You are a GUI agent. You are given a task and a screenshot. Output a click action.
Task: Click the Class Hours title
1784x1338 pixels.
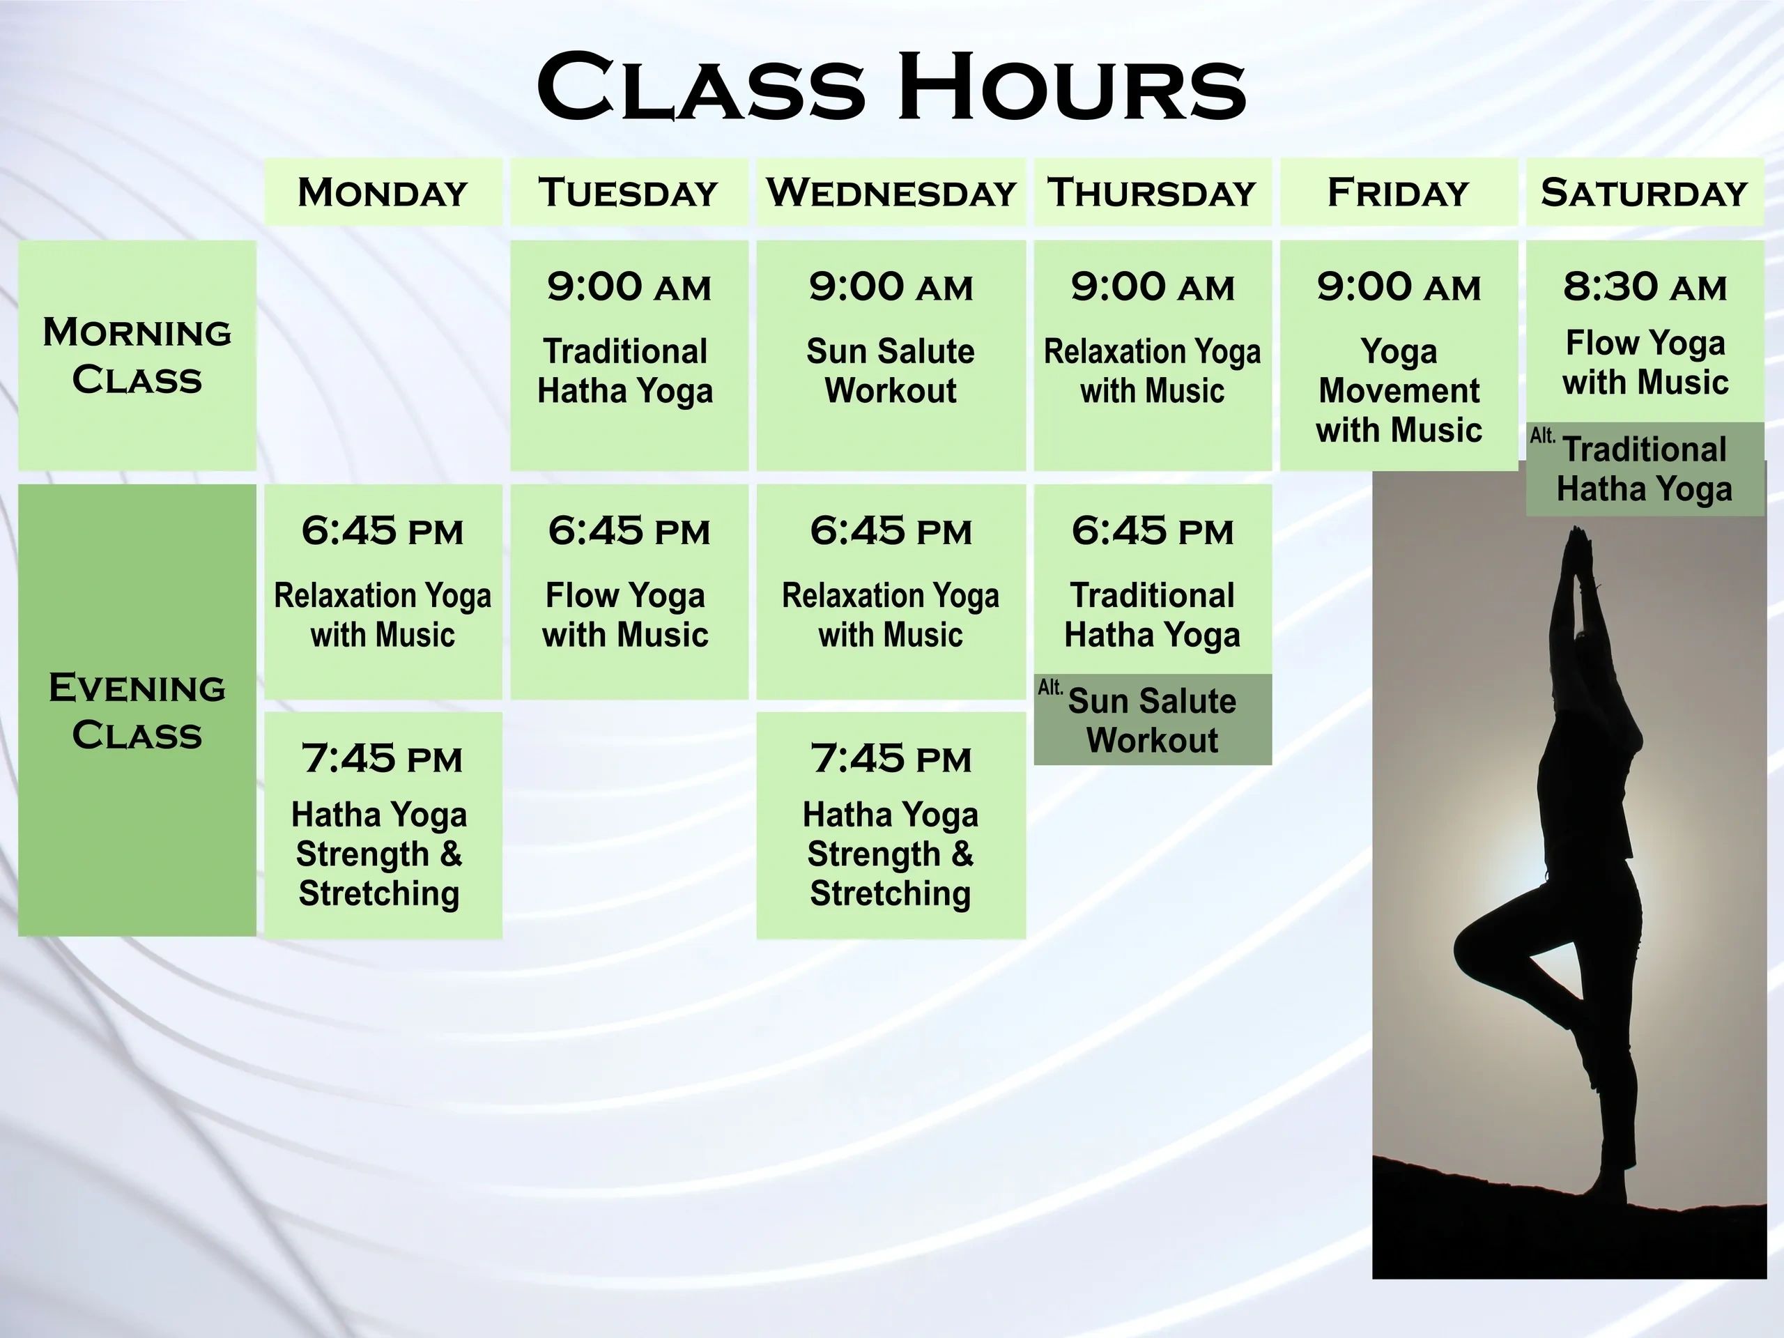pos(891,86)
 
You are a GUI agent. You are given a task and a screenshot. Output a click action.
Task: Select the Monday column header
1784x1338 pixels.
pos(383,192)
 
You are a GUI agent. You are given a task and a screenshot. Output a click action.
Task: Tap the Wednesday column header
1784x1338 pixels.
pos(891,192)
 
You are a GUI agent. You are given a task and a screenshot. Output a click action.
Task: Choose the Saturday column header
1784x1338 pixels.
pos(1645,192)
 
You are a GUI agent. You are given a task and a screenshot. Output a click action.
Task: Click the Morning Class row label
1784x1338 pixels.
pos(137,355)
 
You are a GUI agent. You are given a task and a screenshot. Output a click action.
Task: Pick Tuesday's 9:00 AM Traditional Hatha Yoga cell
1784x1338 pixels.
pos(629,355)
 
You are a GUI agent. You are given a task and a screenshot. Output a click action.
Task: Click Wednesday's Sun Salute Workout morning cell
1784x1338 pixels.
pos(891,355)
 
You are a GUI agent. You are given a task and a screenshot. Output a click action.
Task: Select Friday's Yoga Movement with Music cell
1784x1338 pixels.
pos(1399,355)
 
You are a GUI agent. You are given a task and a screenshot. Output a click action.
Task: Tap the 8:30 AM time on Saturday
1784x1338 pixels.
pos(1645,287)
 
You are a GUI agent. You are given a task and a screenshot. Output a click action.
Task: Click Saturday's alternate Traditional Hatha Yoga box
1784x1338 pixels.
pos(1645,468)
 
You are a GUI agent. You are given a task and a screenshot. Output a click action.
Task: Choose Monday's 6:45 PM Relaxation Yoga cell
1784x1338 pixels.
pos(383,591)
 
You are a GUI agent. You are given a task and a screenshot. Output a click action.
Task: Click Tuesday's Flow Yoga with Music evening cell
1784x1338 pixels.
pos(629,591)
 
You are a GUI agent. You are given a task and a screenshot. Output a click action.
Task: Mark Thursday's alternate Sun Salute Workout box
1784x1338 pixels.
pos(1153,719)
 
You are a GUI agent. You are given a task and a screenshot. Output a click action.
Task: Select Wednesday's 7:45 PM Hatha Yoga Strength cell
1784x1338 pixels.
pos(891,825)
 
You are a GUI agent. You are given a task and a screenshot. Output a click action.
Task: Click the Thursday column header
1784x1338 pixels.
pos(1153,192)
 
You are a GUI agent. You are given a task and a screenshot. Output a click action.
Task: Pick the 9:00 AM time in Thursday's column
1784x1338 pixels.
pos(1153,287)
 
